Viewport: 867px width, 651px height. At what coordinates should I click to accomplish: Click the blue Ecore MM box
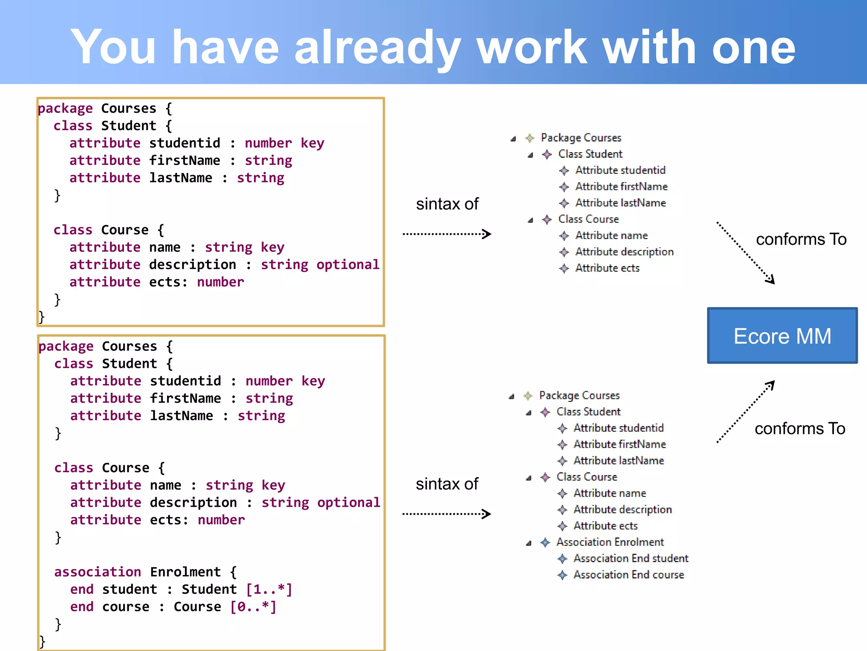[x=782, y=336]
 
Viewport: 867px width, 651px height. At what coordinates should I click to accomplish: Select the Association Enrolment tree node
[x=610, y=542]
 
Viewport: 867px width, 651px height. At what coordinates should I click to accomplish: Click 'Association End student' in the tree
[x=630, y=558]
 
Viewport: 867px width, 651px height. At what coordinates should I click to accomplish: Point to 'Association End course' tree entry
[x=628, y=575]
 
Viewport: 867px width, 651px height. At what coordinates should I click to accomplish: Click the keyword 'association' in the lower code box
[x=97, y=572]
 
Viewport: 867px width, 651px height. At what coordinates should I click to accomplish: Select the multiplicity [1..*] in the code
[x=269, y=589]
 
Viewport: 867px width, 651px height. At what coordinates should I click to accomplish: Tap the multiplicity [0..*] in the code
[x=253, y=606]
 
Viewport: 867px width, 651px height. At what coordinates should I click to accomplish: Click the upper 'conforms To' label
[x=801, y=239]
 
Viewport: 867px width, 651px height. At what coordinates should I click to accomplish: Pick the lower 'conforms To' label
[x=800, y=428]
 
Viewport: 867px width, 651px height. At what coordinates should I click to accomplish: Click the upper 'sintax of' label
[x=447, y=204]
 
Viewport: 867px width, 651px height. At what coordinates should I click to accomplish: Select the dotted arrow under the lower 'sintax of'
[x=447, y=514]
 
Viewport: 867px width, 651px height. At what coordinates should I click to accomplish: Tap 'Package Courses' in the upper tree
[x=581, y=138]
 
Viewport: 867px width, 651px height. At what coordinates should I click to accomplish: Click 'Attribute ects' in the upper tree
[x=607, y=268]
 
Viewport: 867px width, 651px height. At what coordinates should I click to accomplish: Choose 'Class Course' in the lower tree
[x=586, y=477]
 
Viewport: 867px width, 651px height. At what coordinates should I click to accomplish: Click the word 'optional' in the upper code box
[x=348, y=264]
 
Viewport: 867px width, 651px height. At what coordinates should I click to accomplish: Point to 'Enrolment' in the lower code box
[x=185, y=572]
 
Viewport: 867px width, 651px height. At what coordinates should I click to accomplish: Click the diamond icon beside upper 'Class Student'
[x=547, y=154]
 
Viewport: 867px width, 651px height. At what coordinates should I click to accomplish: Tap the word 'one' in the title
[x=754, y=47]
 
